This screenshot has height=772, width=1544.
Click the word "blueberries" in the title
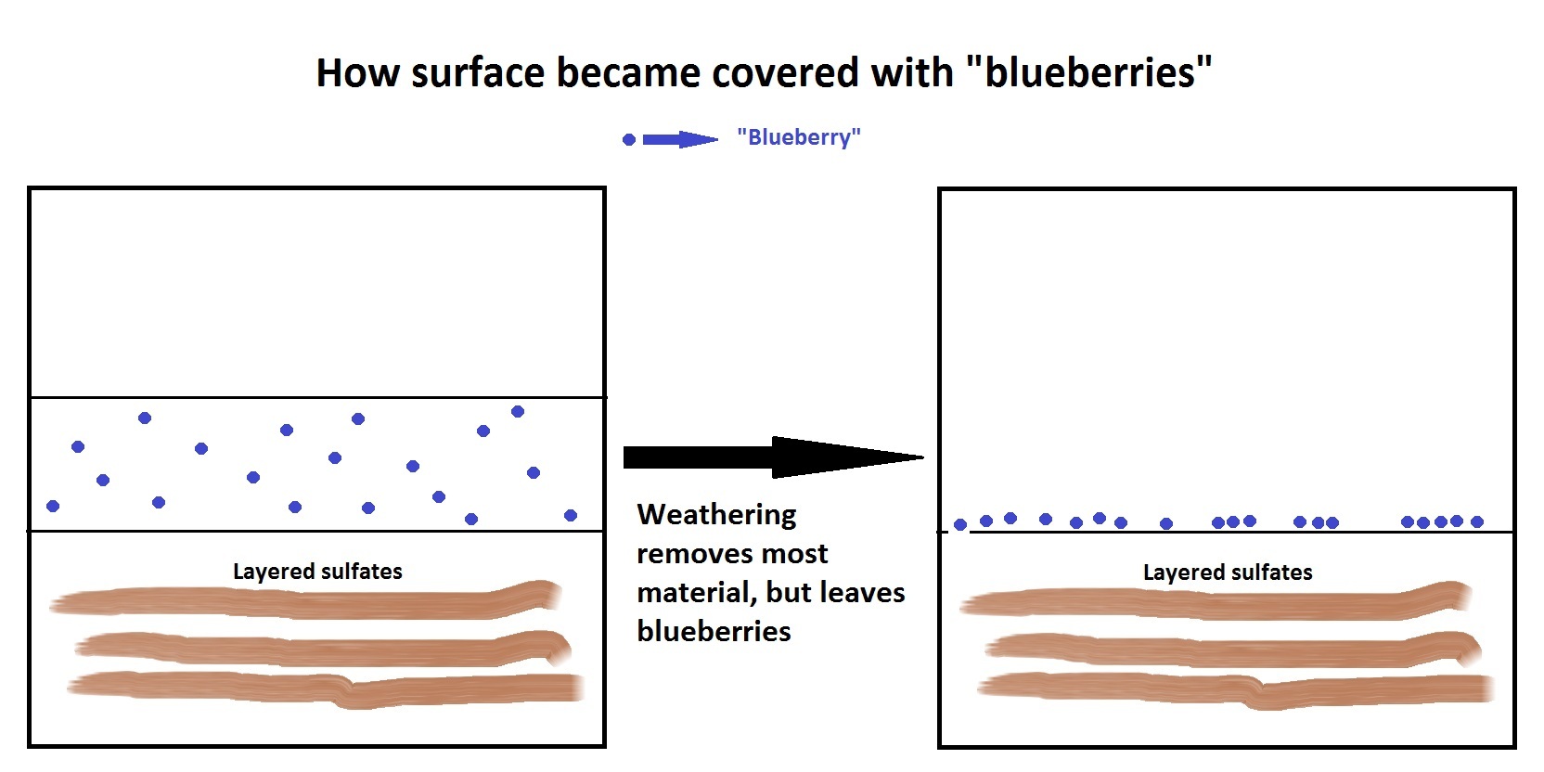click(x=1099, y=72)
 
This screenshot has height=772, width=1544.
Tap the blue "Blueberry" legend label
click(x=799, y=137)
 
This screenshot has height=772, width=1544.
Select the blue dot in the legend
click(x=628, y=140)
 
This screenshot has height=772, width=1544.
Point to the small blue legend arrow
click(x=680, y=140)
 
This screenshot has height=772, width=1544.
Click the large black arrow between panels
click(x=773, y=457)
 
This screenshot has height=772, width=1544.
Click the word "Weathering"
click(x=717, y=515)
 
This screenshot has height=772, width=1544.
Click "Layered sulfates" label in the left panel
click(x=317, y=572)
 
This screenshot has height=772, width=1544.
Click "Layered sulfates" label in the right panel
click(x=1228, y=573)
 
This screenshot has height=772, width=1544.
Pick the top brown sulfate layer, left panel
click(x=306, y=601)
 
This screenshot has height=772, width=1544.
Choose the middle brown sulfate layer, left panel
click(x=323, y=649)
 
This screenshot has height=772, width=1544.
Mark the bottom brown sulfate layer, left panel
click(x=326, y=688)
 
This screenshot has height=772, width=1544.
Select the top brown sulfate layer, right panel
click(x=1216, y=601)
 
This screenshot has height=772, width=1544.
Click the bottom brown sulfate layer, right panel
click(x=1236, y=689)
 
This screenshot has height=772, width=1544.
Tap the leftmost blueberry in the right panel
click(x=960, y=525)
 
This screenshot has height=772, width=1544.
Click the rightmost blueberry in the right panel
click(x=1476, y=521)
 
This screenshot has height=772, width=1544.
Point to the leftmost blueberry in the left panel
click(x=53, y=506)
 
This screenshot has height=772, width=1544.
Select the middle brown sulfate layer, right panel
click(x=1233, y=650)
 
